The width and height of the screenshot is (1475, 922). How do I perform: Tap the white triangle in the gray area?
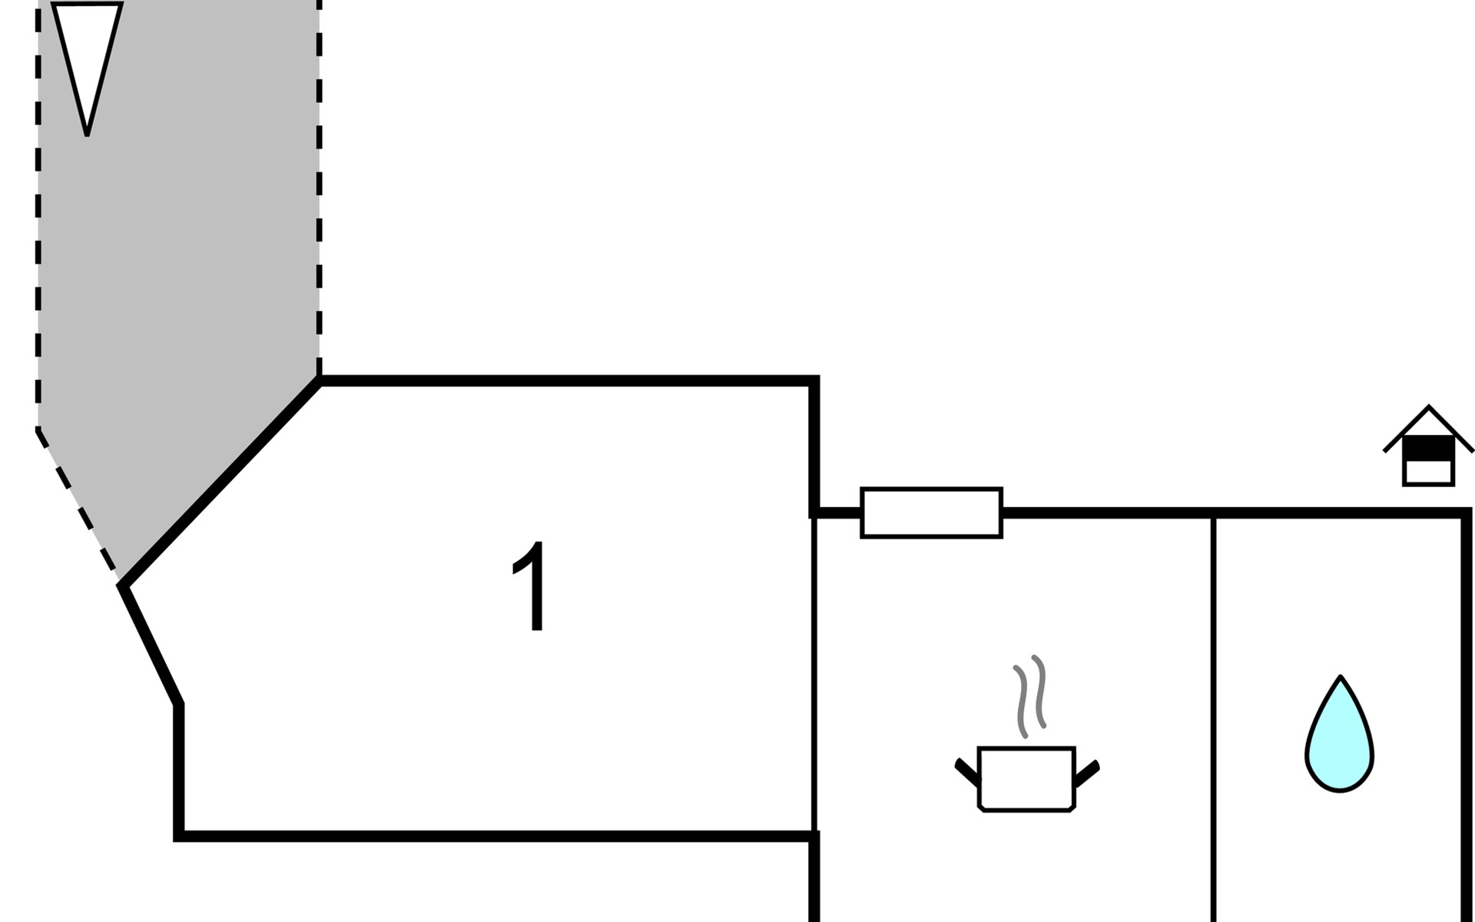coord(87,54)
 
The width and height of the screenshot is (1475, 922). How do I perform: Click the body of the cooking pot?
coord(1026,778)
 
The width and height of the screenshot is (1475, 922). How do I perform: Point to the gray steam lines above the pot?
coord(1029,695)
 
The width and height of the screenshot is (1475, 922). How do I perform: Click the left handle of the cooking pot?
coord(967,773)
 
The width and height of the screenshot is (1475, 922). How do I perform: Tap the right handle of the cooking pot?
coord(1087,773)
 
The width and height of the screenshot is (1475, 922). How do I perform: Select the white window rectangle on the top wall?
coord(931,512)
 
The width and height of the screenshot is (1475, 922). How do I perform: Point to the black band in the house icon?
coord(1428,448)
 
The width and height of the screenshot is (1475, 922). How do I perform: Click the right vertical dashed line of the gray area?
coord(319,192)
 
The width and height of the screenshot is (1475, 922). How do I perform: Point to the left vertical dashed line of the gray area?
coord(38,230)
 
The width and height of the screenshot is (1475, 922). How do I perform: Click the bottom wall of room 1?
coord(492,835)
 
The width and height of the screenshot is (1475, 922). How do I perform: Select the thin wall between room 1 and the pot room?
coord(814,676)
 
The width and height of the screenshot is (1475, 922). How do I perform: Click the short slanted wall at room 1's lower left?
coord(151,645)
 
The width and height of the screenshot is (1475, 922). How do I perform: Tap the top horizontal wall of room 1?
coord(568,381)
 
